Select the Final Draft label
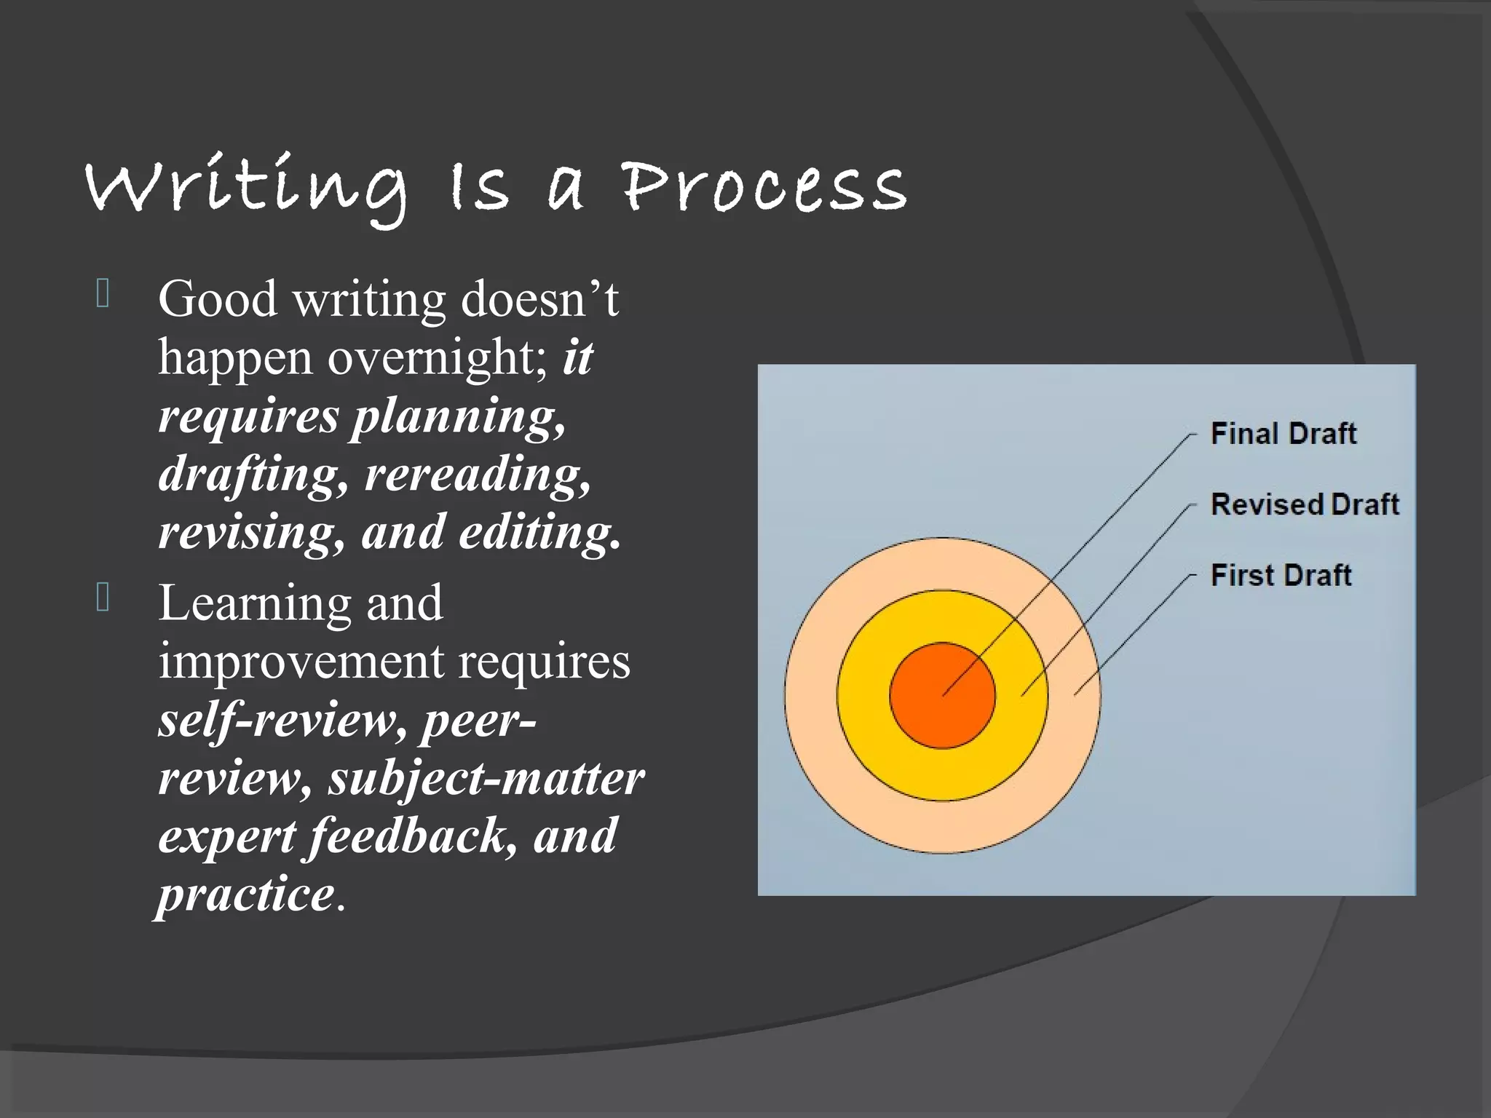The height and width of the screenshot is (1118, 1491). (x=1283, y=434)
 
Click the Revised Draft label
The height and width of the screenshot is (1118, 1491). (x=1304, y=504)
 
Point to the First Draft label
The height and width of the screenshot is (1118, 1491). (x=1281, y=575)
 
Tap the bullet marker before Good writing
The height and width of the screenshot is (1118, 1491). (x=103, y=293)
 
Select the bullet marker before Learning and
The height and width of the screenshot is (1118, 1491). (x=103, y=598)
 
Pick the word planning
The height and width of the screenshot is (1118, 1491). (x=459, y=418)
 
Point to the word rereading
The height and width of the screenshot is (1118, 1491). (x=478, y=475)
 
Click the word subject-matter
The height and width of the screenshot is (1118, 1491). (x=486, y=778)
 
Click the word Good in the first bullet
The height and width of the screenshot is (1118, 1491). (x=218, y=299)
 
